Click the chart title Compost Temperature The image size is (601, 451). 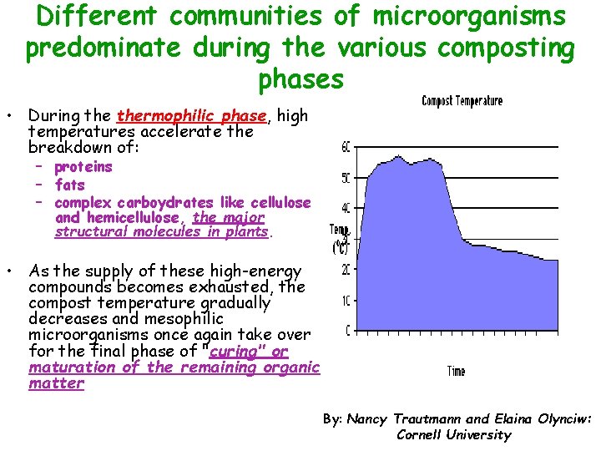[462, 101]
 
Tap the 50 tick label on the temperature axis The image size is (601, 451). [346, 178]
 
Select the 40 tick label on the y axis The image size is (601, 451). [346, 208]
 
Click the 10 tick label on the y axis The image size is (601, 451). [346, 300]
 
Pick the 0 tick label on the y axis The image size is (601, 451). [347, 331]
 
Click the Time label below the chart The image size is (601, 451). [456, 371]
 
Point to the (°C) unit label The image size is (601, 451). [341, 247]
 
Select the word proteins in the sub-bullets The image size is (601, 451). [83, 167]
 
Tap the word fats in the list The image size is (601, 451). [70, 185]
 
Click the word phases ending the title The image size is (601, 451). [300, 79]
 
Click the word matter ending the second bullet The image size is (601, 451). [57, 383]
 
